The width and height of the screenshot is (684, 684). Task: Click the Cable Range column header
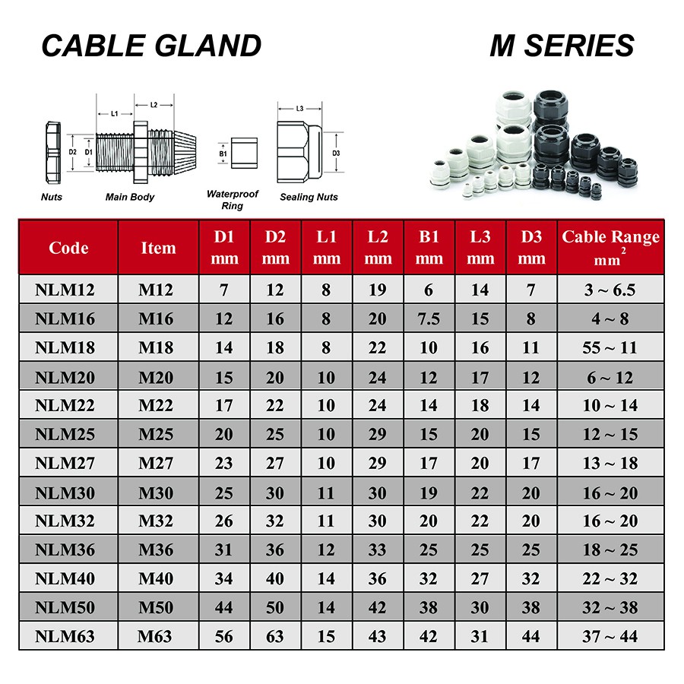pyautogui.click(x=610, y=246)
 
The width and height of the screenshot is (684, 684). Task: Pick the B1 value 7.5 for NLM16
pyautogui.click(x=429, y=318)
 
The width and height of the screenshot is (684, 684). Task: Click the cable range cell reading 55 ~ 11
pyautogui.click(x=610, y=347)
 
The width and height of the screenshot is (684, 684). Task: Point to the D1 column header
pyautogui.click(x=224, y=246)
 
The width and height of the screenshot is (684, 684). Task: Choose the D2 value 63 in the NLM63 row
pyautogui.click(x=275, y=636)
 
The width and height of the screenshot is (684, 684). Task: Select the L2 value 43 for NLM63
pyautogui.click(x=378, y=636)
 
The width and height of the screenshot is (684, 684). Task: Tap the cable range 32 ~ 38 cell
pyautogui.click(x=610, y=607)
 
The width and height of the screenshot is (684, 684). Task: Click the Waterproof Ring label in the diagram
pyautogui.click(x=232, y=200)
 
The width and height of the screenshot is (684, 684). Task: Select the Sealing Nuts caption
pyautogui.click(x=309, y=197)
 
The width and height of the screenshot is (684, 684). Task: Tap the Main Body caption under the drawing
pyautogui.click(x=130, y=197)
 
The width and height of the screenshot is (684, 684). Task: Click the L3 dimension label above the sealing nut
pyautogui.click(x=299, y=109)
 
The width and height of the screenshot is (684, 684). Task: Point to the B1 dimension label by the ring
pyautogui.click(x=223, y=154)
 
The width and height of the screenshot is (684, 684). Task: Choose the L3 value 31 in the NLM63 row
pyautogui.click(x=480, y=636)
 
